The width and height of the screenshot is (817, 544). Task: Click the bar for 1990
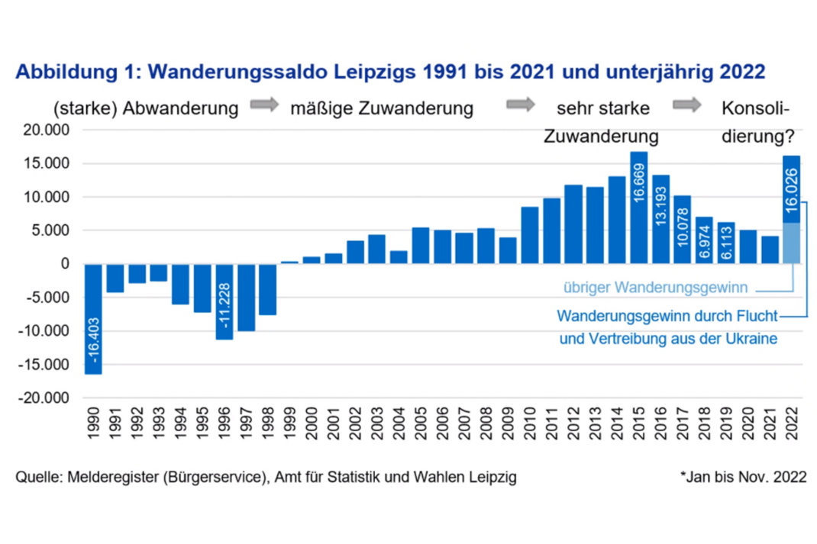click(93, 319)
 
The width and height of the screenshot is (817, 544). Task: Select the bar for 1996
click(224, 301)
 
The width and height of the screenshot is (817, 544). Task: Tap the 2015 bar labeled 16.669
click(639, 208)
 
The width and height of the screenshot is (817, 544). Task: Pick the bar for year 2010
click(529, 235)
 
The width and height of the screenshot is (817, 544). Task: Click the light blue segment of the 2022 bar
click(791, 243)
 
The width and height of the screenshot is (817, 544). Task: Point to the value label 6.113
click(726, 246)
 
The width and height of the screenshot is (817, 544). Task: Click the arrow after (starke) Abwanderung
click(265, 106)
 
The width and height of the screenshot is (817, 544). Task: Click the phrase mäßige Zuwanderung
click(382, 108)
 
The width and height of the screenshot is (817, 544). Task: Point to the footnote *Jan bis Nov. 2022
click(743, 478)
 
